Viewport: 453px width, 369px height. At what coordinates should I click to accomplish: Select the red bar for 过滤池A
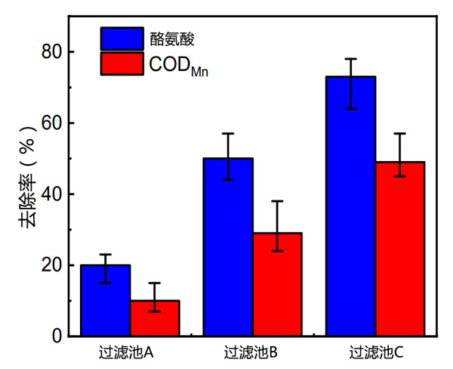[155, 318]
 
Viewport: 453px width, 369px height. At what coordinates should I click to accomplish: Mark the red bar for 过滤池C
[400, 249]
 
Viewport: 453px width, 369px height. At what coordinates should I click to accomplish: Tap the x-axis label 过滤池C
[376, 352]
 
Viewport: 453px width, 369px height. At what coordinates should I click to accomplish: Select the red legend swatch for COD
[122, 64]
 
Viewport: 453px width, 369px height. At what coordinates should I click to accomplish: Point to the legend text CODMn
[178, 65]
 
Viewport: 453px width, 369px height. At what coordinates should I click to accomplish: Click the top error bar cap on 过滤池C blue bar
[351, 59]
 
